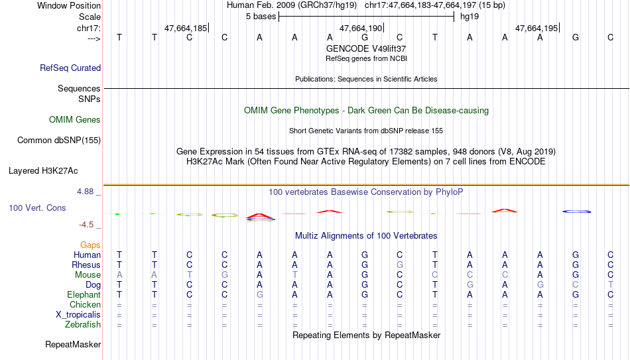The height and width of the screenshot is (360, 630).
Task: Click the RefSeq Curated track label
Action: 70,68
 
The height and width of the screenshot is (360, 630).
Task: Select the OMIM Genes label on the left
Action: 75,120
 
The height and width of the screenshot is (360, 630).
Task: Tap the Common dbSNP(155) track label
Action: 59,141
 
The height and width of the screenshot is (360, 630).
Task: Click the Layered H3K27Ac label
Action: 43,171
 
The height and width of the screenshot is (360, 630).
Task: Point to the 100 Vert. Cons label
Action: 37,208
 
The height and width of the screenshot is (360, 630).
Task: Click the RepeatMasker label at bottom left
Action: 73,344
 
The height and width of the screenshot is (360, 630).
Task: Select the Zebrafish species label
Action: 83,325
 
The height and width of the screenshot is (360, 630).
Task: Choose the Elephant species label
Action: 84,295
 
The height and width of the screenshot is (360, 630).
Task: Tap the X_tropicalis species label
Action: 78,315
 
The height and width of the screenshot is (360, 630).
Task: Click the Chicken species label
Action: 85,304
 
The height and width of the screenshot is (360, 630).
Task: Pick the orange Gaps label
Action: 90,245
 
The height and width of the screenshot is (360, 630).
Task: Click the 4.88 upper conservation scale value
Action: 85,192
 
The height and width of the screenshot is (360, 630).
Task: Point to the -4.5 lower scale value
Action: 86,225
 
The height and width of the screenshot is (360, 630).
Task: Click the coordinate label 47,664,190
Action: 361,28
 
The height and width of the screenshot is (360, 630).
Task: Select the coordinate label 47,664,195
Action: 536,28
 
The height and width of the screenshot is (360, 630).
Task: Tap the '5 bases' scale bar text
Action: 261,17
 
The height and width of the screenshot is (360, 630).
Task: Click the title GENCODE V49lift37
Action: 366,48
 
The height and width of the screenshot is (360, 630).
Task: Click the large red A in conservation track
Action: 259,216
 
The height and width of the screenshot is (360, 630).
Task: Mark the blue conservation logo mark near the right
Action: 576,211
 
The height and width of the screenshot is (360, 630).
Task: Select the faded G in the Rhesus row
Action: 399,265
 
